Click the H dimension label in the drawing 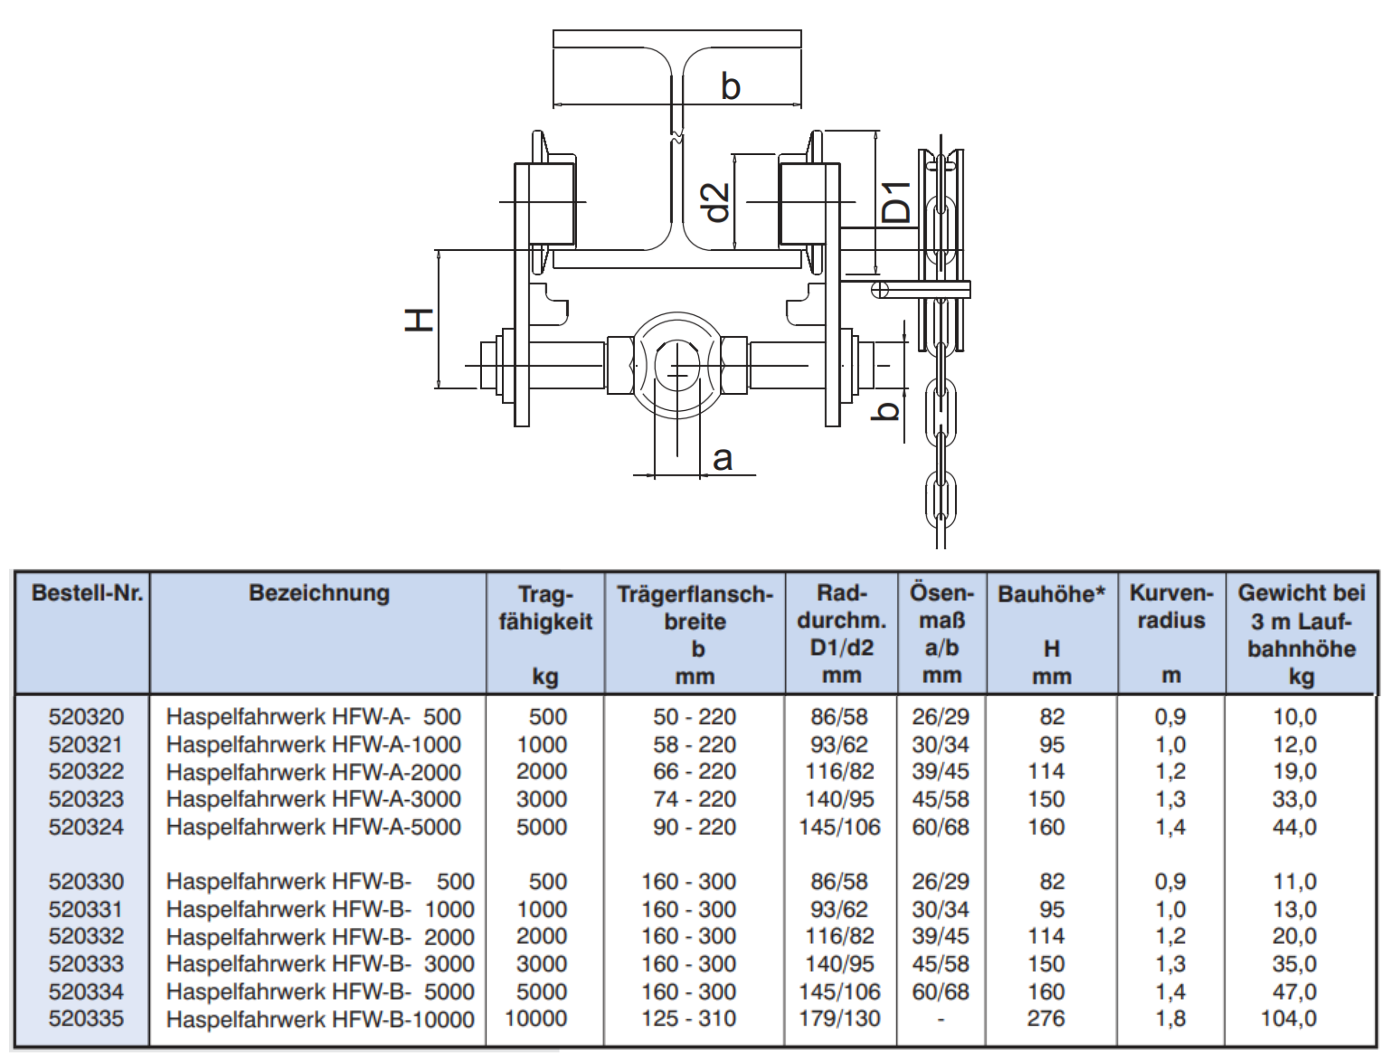coord(418,319)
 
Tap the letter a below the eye coord(722,458)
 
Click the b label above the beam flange coord(730,86)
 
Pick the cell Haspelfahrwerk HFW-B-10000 coord(320,1020)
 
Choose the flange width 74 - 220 coord(694,799)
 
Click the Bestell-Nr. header coord(88,593)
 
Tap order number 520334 coord(86,991)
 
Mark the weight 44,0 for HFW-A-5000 coord(1294,826)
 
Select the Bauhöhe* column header coord(1051,594)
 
